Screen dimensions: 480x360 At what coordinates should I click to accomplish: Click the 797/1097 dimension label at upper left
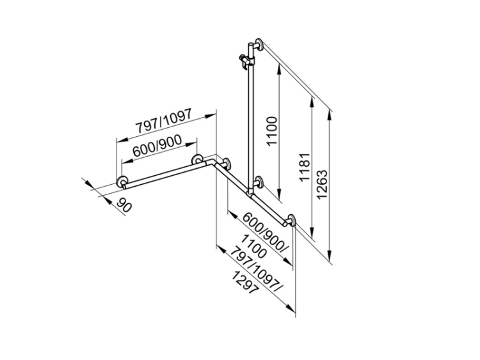(x=164, y=121)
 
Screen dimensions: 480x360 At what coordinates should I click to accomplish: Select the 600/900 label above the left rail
(x=157, y=147)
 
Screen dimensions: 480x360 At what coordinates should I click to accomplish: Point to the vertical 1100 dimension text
(x=271, y=130)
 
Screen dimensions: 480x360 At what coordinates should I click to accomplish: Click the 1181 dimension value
(x=305, y=167)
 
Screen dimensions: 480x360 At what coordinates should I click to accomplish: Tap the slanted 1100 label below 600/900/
(x=253, y=246)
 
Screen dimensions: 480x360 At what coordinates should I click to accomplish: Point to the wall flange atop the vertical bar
(x=259, y=44)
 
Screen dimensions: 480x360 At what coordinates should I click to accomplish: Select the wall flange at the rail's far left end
(x=122, y=182)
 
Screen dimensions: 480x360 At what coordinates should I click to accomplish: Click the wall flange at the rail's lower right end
(x=291, y=220)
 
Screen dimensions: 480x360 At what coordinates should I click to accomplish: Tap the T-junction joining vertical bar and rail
(x=251, y=192)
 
